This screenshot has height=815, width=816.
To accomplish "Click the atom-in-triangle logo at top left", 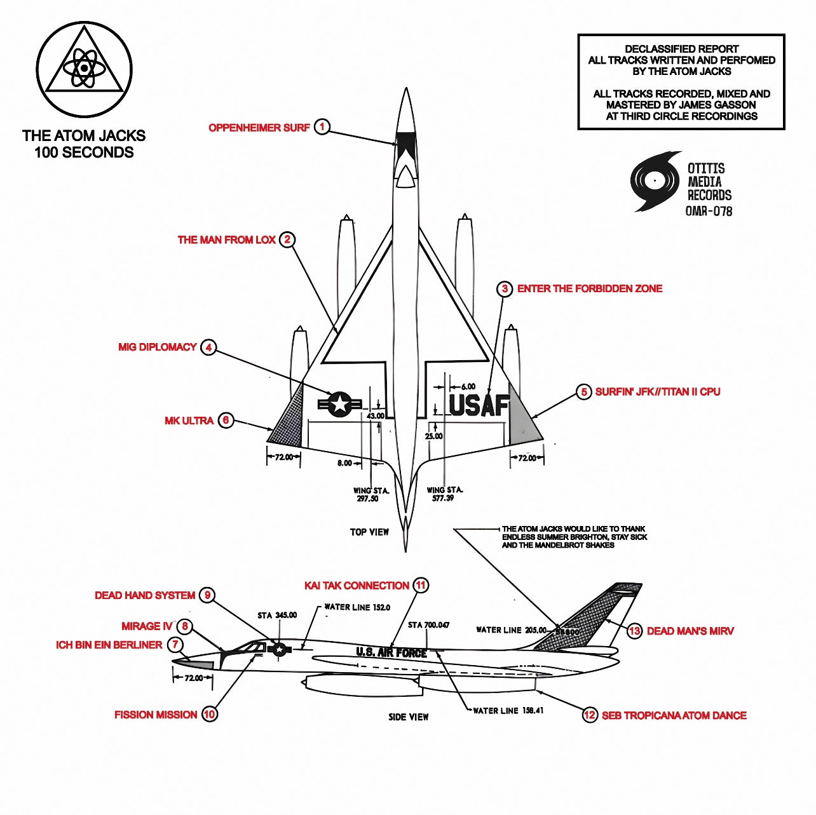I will coord(84,69).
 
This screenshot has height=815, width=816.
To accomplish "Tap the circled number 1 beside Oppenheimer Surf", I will coord(322,127).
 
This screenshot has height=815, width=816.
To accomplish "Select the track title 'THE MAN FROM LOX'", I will coord(226,239).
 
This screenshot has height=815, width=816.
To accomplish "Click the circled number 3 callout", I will coord(505,289).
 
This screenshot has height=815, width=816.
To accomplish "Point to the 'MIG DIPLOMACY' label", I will coord(157,347).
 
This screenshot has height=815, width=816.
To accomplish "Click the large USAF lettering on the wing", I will coord(479,405).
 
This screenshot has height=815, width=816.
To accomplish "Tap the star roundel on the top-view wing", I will coord(339,404).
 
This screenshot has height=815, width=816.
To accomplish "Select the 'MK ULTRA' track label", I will coord(189,421).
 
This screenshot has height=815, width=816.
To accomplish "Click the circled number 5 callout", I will coord(584,392).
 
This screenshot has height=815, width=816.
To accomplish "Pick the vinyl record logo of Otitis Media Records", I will coord(655,181).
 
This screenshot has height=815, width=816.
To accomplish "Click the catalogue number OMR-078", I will coord(709,211).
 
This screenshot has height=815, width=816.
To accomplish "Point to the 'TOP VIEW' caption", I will coord(369,532).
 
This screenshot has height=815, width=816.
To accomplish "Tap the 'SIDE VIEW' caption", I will coord(409,717).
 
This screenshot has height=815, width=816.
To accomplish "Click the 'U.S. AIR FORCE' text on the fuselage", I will coord(391,652).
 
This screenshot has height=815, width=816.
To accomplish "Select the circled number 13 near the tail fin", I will coord(634,631).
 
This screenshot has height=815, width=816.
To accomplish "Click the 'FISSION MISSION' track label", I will coord(156,715).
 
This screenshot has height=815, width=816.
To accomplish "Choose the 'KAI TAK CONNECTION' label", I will coord(357,586).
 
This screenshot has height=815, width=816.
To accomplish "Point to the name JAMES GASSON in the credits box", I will coord(717,105).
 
